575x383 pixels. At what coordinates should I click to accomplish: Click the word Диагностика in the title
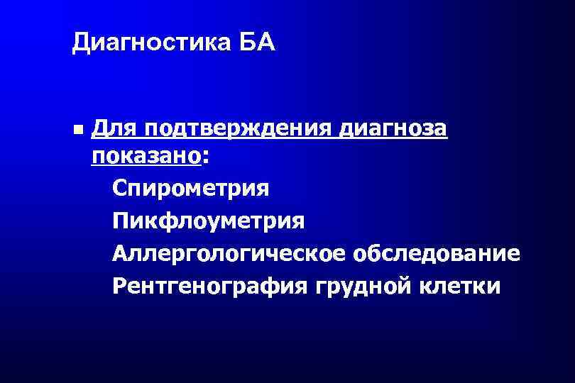[x=145, y=45]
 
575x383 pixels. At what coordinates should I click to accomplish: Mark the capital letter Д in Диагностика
[x=80, y=45]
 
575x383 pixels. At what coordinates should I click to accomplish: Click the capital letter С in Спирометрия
[x=119, y=189]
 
